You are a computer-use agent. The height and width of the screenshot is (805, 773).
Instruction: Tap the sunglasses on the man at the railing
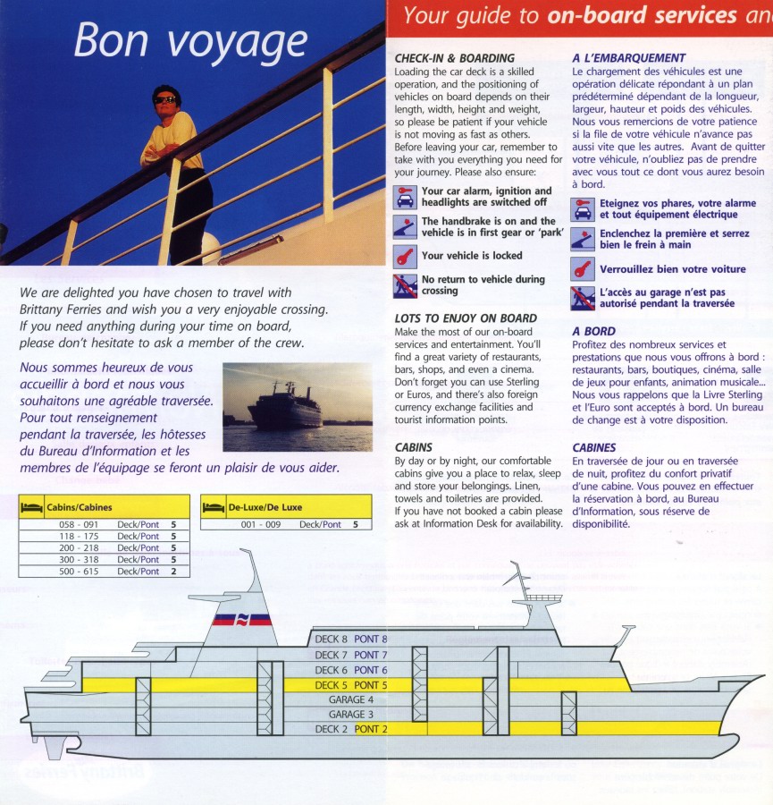[165, 100]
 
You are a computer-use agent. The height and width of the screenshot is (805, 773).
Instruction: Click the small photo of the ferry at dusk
[297, 407]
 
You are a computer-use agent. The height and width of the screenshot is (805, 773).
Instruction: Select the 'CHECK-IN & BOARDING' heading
[454, 58]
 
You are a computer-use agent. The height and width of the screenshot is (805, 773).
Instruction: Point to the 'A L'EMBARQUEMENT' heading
[629, 58]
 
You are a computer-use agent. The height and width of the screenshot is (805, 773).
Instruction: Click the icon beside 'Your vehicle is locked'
[406, 256]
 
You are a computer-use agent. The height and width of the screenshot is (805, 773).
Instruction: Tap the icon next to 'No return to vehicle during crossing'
[406, 285]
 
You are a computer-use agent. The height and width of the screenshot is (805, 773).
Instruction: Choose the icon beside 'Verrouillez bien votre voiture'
[584, 268]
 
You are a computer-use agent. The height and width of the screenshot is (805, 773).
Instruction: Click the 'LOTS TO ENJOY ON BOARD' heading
[466, 318]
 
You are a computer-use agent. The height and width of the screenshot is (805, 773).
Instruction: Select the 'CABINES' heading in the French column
[595, 447]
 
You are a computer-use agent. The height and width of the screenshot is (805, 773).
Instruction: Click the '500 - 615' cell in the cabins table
[80, 571]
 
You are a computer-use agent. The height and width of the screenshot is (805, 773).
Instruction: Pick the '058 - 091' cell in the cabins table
[80, 524]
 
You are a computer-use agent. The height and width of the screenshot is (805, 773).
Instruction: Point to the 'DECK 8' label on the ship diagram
[331, 640]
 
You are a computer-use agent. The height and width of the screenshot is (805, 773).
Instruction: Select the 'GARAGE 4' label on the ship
[351, 699]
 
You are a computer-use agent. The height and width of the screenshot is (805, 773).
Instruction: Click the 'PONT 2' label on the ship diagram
[372, 729]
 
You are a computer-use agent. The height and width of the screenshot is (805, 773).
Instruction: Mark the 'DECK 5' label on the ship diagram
[331, 685]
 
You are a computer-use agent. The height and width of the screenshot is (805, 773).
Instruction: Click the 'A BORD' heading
[593, 331]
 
